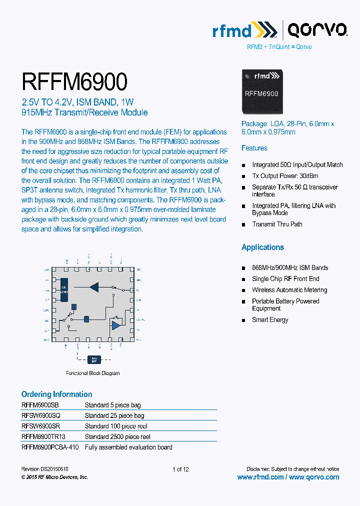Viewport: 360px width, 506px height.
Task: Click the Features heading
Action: click(254, 148)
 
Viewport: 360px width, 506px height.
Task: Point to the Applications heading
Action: click(262, 247)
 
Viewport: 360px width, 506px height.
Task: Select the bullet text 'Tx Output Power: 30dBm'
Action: click(285, 176)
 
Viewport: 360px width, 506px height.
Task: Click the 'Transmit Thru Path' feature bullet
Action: click(277, 224)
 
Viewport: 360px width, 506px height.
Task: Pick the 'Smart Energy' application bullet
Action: click(270, 320)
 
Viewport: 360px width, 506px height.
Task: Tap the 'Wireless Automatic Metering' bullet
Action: click(289, 290)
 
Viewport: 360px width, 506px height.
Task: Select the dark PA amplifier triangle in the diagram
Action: click(94, 286)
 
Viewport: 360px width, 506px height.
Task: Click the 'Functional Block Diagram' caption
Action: click(93, 373)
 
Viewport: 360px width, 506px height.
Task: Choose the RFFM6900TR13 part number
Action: click(43, 436)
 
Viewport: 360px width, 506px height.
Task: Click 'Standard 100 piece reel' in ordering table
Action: click(116, 426)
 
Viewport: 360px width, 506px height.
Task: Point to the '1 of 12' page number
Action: click(180, 469)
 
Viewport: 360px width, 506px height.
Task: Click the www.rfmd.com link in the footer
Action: click(260, 477)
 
